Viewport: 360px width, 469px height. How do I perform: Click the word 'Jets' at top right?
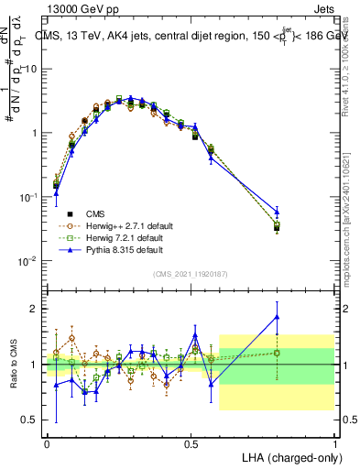[322, 8]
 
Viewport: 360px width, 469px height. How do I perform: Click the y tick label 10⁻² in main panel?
[30, 260]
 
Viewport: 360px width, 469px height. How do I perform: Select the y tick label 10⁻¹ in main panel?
[30, 196]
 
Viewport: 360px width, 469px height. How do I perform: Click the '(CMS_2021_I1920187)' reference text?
[191, 273]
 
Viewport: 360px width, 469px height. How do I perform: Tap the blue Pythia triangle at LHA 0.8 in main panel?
[277, 213]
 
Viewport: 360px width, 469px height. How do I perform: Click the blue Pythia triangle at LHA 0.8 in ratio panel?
[277, 317]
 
